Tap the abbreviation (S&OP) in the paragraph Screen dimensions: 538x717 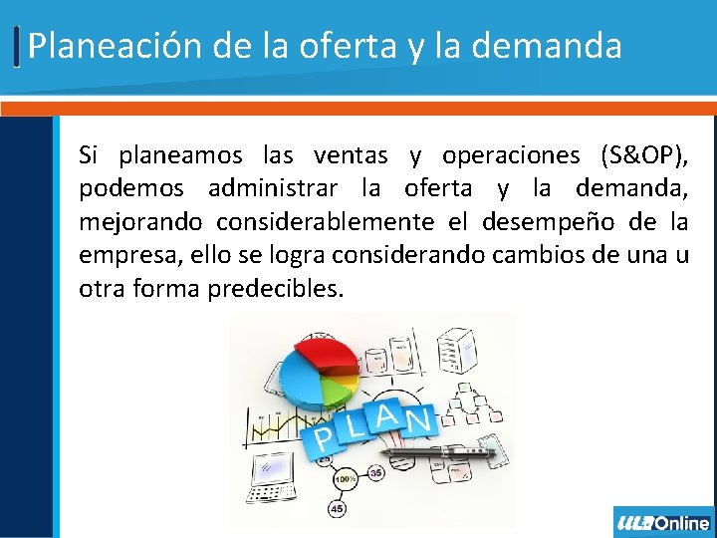643,155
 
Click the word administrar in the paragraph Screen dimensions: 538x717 272,189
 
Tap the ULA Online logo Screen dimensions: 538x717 663,522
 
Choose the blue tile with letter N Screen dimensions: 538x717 418,420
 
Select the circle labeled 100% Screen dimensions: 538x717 346,480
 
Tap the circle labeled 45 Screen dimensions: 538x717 337,508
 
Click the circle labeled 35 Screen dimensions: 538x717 375,473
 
